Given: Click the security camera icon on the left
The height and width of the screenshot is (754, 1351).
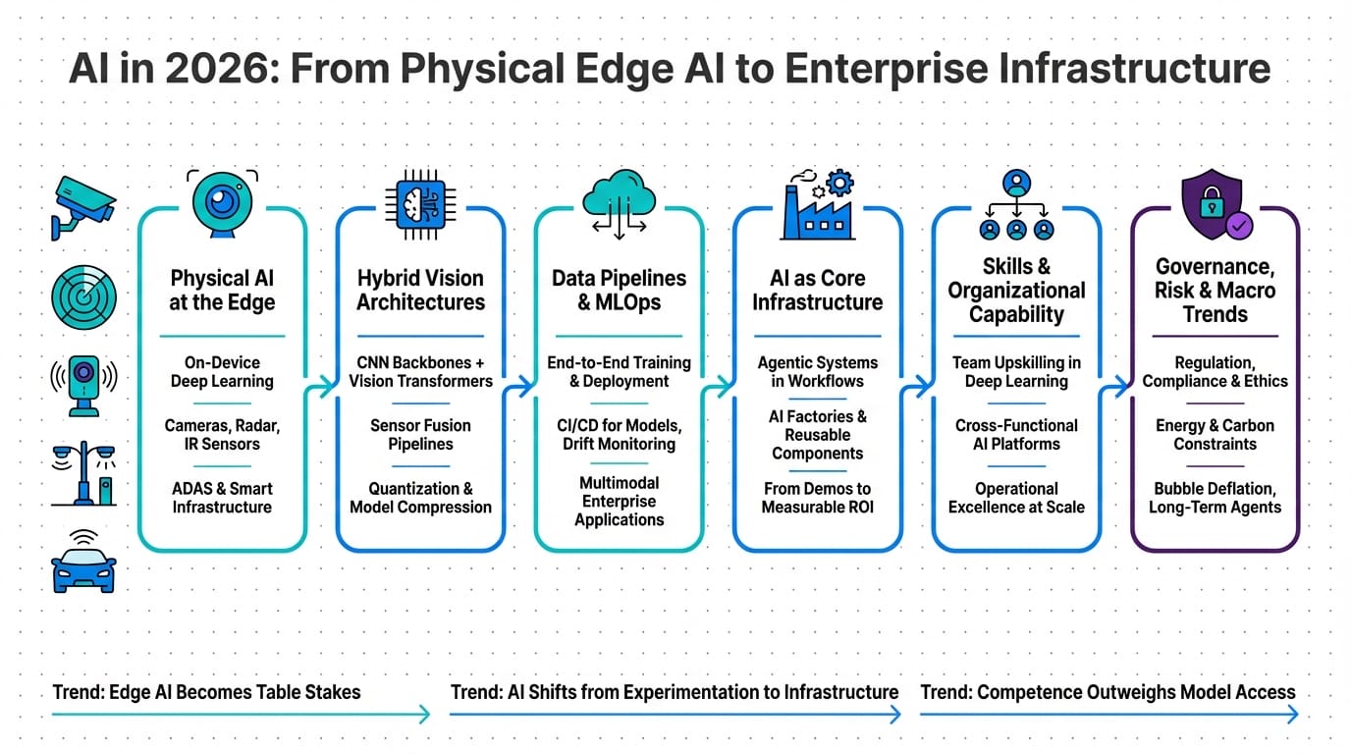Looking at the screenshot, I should [x=82, y=207].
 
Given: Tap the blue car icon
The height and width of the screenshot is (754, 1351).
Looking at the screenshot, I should [x=82, y=565].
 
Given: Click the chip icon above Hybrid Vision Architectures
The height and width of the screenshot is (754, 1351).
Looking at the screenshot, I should [x=420, y=204].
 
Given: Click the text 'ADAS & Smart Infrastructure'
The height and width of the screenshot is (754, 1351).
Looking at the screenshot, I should [x=222, y=498].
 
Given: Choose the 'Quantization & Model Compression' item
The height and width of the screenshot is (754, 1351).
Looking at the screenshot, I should [x=420, y=498].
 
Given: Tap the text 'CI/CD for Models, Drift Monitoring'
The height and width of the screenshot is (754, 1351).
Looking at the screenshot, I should [x=619, y=435].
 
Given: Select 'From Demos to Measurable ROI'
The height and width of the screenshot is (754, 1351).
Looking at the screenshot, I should [x=817, y=498].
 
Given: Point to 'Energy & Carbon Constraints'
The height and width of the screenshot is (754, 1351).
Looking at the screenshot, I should [x=1215, y=435].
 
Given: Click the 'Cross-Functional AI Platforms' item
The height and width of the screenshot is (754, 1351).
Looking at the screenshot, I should [x=1016, y=435].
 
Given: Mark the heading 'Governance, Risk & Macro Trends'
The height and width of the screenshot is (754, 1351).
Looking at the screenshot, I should [x=1215, y=290].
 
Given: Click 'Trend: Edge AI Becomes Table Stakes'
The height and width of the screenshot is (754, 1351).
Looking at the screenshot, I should [x=206, y=692].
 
